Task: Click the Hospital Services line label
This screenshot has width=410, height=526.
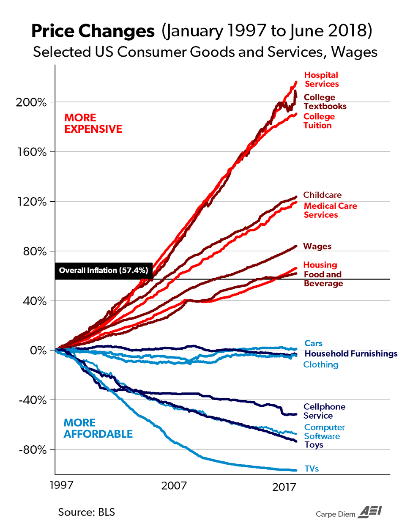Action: click(321, 79)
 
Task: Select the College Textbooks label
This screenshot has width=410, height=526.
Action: click(325, 102)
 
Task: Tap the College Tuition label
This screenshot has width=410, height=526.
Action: click(319, 121)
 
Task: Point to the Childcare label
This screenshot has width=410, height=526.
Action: click(322, 195)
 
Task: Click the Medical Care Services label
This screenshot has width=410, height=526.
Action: click(330, 210)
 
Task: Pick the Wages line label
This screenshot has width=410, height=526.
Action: click(317, 247)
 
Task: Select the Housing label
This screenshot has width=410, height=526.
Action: click(320, 265)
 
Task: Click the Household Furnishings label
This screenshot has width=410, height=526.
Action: click(351, 353)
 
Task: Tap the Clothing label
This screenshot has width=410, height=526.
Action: click(321, 364)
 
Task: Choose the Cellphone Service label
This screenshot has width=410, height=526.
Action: click(324, 411)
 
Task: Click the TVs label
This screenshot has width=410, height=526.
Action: click(312, 468)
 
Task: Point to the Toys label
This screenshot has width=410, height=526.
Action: click(314, 445)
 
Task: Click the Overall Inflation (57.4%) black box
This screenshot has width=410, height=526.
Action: click(104, 271)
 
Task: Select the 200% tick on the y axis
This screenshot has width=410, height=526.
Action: click(31, 102)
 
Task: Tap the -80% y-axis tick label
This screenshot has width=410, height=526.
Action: click(33, 449)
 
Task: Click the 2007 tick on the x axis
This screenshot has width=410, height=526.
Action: click(174, 485)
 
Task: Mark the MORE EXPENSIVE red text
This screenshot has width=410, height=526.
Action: click(93, 123)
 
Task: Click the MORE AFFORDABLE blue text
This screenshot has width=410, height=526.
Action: click(98, 428)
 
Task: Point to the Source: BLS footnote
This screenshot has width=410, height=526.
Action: click(86, 512)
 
